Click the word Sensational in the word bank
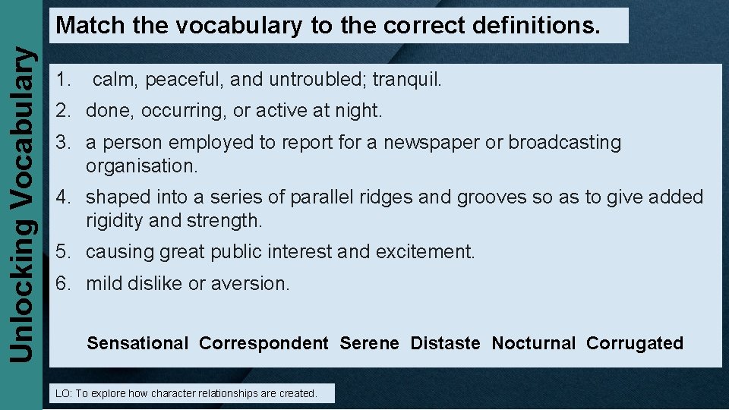coord(137,343)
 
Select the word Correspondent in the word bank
coord(264,343)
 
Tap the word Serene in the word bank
coord(369,343)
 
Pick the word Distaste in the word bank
coord(445,343)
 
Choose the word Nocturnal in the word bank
coord(534,343)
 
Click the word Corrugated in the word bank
coord(635,343)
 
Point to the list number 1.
coord(62,79)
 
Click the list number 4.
coord(62,197)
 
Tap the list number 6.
coord(62,284)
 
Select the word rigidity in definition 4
coord(116,221)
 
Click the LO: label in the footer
coord(63,393)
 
